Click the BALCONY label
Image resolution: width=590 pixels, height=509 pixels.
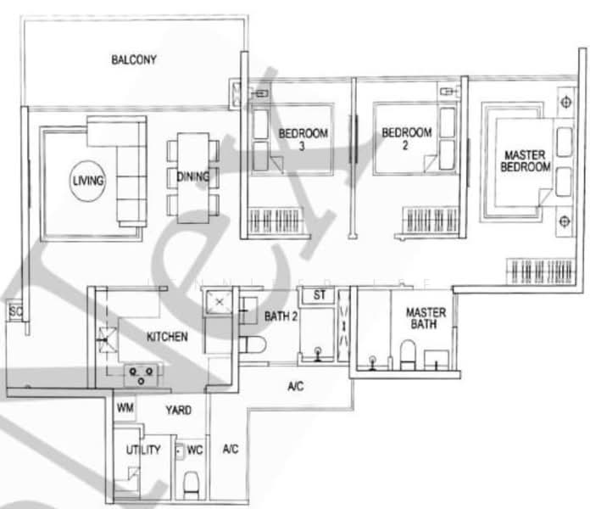tap(134, 59)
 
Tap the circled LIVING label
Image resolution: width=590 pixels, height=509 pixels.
tap(88, 181)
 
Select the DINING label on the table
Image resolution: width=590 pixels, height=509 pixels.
tap(193, 176)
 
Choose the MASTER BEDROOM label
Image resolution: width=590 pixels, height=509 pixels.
tap(524, 161)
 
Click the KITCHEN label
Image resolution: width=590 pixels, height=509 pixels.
tap(167, 337)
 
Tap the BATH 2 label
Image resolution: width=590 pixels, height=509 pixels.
tap(277, 316)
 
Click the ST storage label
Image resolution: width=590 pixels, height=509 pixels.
tap(319, 295)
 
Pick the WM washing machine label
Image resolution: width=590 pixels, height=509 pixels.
tap(125, 409)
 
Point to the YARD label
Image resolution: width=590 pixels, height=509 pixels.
tap(177, 410)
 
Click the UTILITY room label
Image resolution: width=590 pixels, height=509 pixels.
tap(143, 450)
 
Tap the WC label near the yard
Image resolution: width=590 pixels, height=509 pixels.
tap(193, 449)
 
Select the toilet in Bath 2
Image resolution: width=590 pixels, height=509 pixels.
tap(253, 344)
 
